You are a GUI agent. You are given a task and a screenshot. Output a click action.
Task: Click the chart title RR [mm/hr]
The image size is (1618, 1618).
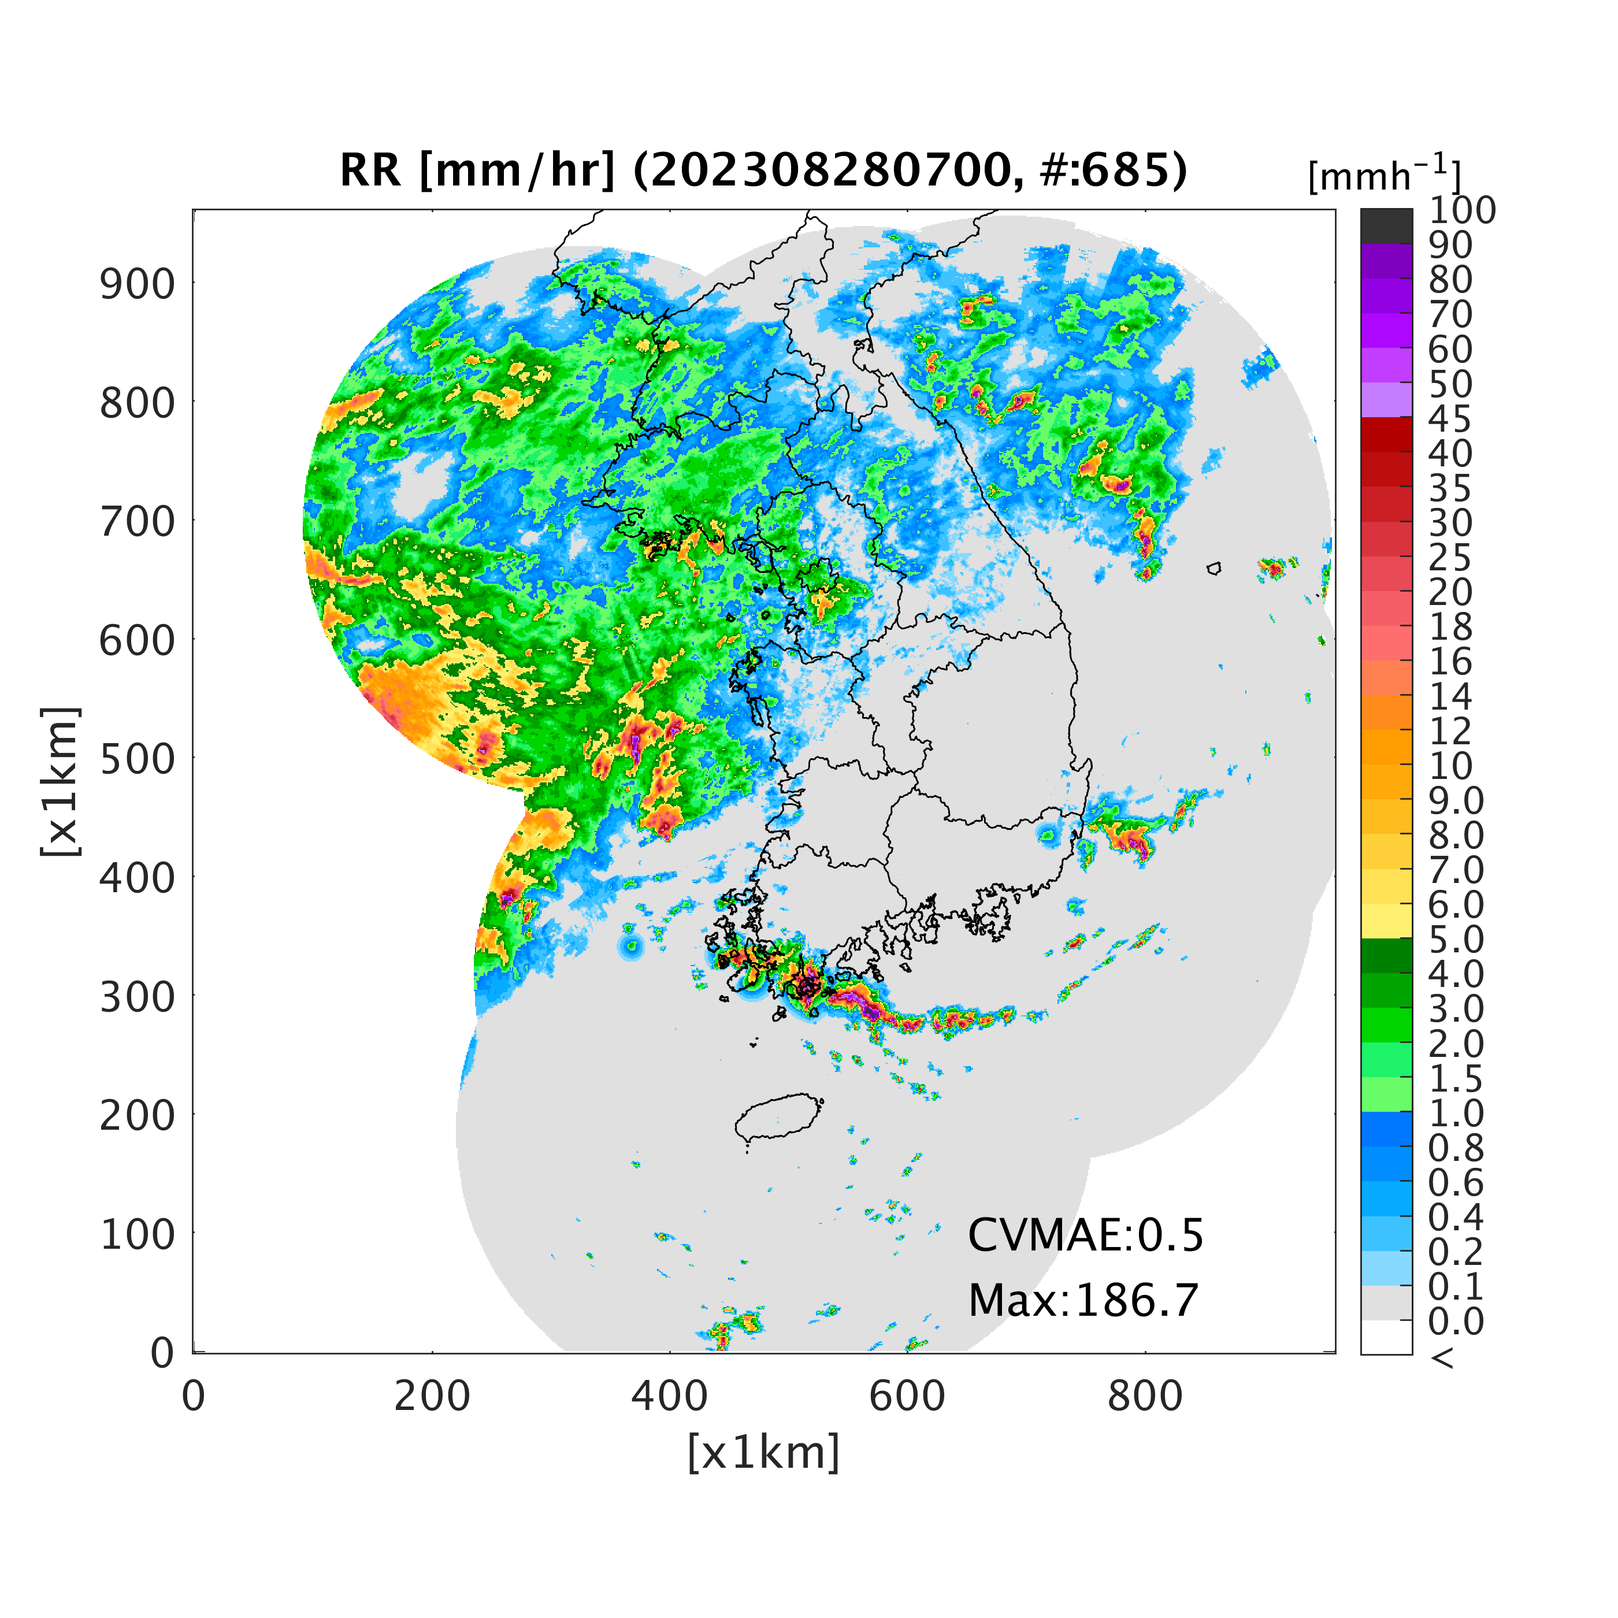(x=477, y=171)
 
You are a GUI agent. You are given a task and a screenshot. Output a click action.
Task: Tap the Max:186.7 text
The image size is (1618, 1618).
(x=1083, y=1301)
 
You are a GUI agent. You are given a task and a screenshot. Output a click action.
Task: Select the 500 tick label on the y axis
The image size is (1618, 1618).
(x=138, y=759)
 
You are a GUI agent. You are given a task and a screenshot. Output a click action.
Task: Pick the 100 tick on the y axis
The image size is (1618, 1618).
(x=138, y=1234)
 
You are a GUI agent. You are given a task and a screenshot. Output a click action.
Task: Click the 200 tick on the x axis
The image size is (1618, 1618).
(x=432, y=1396)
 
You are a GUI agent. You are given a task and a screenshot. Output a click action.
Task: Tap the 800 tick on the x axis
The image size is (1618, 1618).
(x=1145, y=1396)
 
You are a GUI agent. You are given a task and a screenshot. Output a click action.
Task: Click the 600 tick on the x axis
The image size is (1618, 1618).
(x=907, y=1396)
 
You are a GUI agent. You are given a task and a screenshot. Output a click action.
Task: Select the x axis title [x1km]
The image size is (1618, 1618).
(x=764, y=1452)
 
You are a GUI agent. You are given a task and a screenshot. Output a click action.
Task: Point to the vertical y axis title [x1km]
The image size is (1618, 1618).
(x=60, y=781)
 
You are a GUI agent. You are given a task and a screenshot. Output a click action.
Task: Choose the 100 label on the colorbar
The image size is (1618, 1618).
(x=1462, y=210)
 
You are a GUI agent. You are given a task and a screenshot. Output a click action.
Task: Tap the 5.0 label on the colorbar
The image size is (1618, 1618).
(x=1456, y=939)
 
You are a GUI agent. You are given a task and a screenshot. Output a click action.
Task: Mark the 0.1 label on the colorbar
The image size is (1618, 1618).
(x=1456, y=1286)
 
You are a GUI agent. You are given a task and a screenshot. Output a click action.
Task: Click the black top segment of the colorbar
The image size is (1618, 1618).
(x=1386, y=226)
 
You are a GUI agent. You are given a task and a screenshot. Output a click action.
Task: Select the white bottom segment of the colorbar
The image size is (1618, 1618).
(x=1386, y=1337)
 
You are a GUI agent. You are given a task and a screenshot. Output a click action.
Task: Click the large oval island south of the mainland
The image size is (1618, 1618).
(x=779, y=1116)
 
